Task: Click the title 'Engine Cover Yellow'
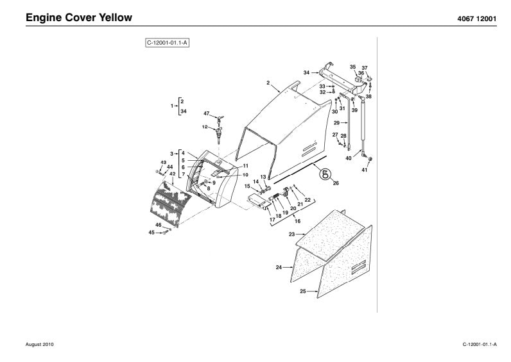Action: (79, 17)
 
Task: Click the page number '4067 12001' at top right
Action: (475, 18)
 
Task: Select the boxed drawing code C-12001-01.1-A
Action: (168, 44)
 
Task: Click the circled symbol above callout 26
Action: (325, 173)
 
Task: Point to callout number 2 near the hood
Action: (268, 83)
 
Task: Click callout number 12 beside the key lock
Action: (205, 127)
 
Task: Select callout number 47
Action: (207, 113)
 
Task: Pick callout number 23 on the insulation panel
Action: (291, 235)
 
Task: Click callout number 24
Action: (279, 267)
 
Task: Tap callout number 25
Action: (302, 292)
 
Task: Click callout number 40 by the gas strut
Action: (349, 158)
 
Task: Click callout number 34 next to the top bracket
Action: (307, 72)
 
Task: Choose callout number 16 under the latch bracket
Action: (297, 220)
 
